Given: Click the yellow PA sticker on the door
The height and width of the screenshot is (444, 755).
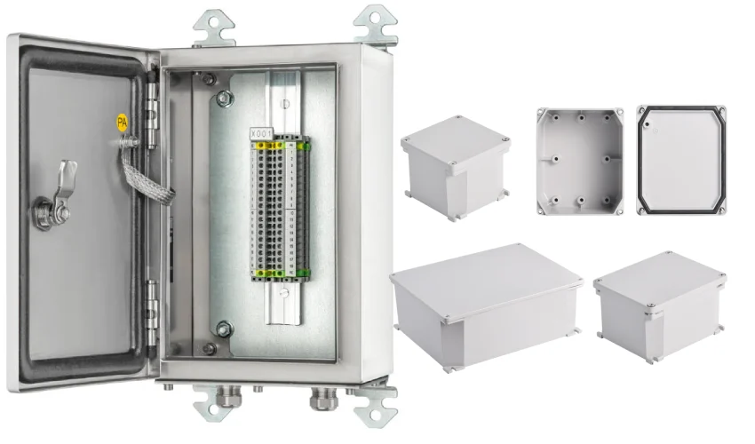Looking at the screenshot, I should (123, 123).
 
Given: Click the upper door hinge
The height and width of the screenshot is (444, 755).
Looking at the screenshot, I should (154, 105).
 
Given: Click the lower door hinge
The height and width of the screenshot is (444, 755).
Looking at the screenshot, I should (153, 301).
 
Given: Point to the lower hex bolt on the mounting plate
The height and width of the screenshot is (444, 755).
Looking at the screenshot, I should (222, 329).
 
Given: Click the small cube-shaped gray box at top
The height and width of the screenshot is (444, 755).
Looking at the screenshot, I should (456, 165).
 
